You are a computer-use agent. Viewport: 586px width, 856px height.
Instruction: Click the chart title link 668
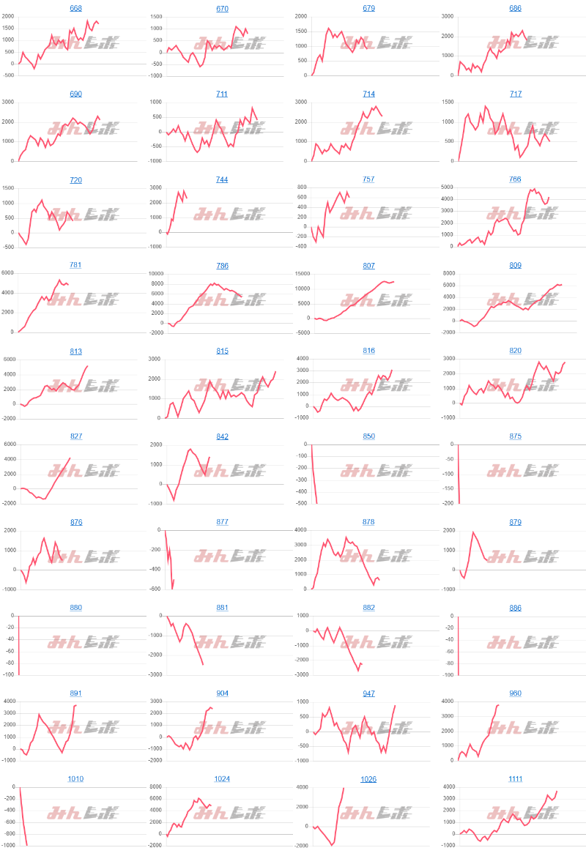[x=75, y=8]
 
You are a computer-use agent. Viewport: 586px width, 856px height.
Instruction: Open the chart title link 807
[x=368, y=265]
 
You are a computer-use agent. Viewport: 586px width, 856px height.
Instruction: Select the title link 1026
[x=368, y=778]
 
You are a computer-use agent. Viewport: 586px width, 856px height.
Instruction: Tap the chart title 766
[x=515, y=179]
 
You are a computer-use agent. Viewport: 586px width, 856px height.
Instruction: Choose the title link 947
[x=368, y=693]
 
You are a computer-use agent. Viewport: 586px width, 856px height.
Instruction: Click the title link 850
[x=368, y=436]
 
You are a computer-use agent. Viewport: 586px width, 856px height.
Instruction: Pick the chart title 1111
[x=515, y=778]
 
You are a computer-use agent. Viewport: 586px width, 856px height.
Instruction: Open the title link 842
[x=222, y=436]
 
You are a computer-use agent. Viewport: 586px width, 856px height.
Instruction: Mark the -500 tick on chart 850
[x=301, y=504]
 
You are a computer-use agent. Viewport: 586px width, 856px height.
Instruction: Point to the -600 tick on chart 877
[x=155, y=589]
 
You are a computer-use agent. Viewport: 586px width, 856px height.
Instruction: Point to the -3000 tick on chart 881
[x=153, y=675]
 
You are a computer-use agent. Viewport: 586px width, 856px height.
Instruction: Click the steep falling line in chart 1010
[x=23, y=820]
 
